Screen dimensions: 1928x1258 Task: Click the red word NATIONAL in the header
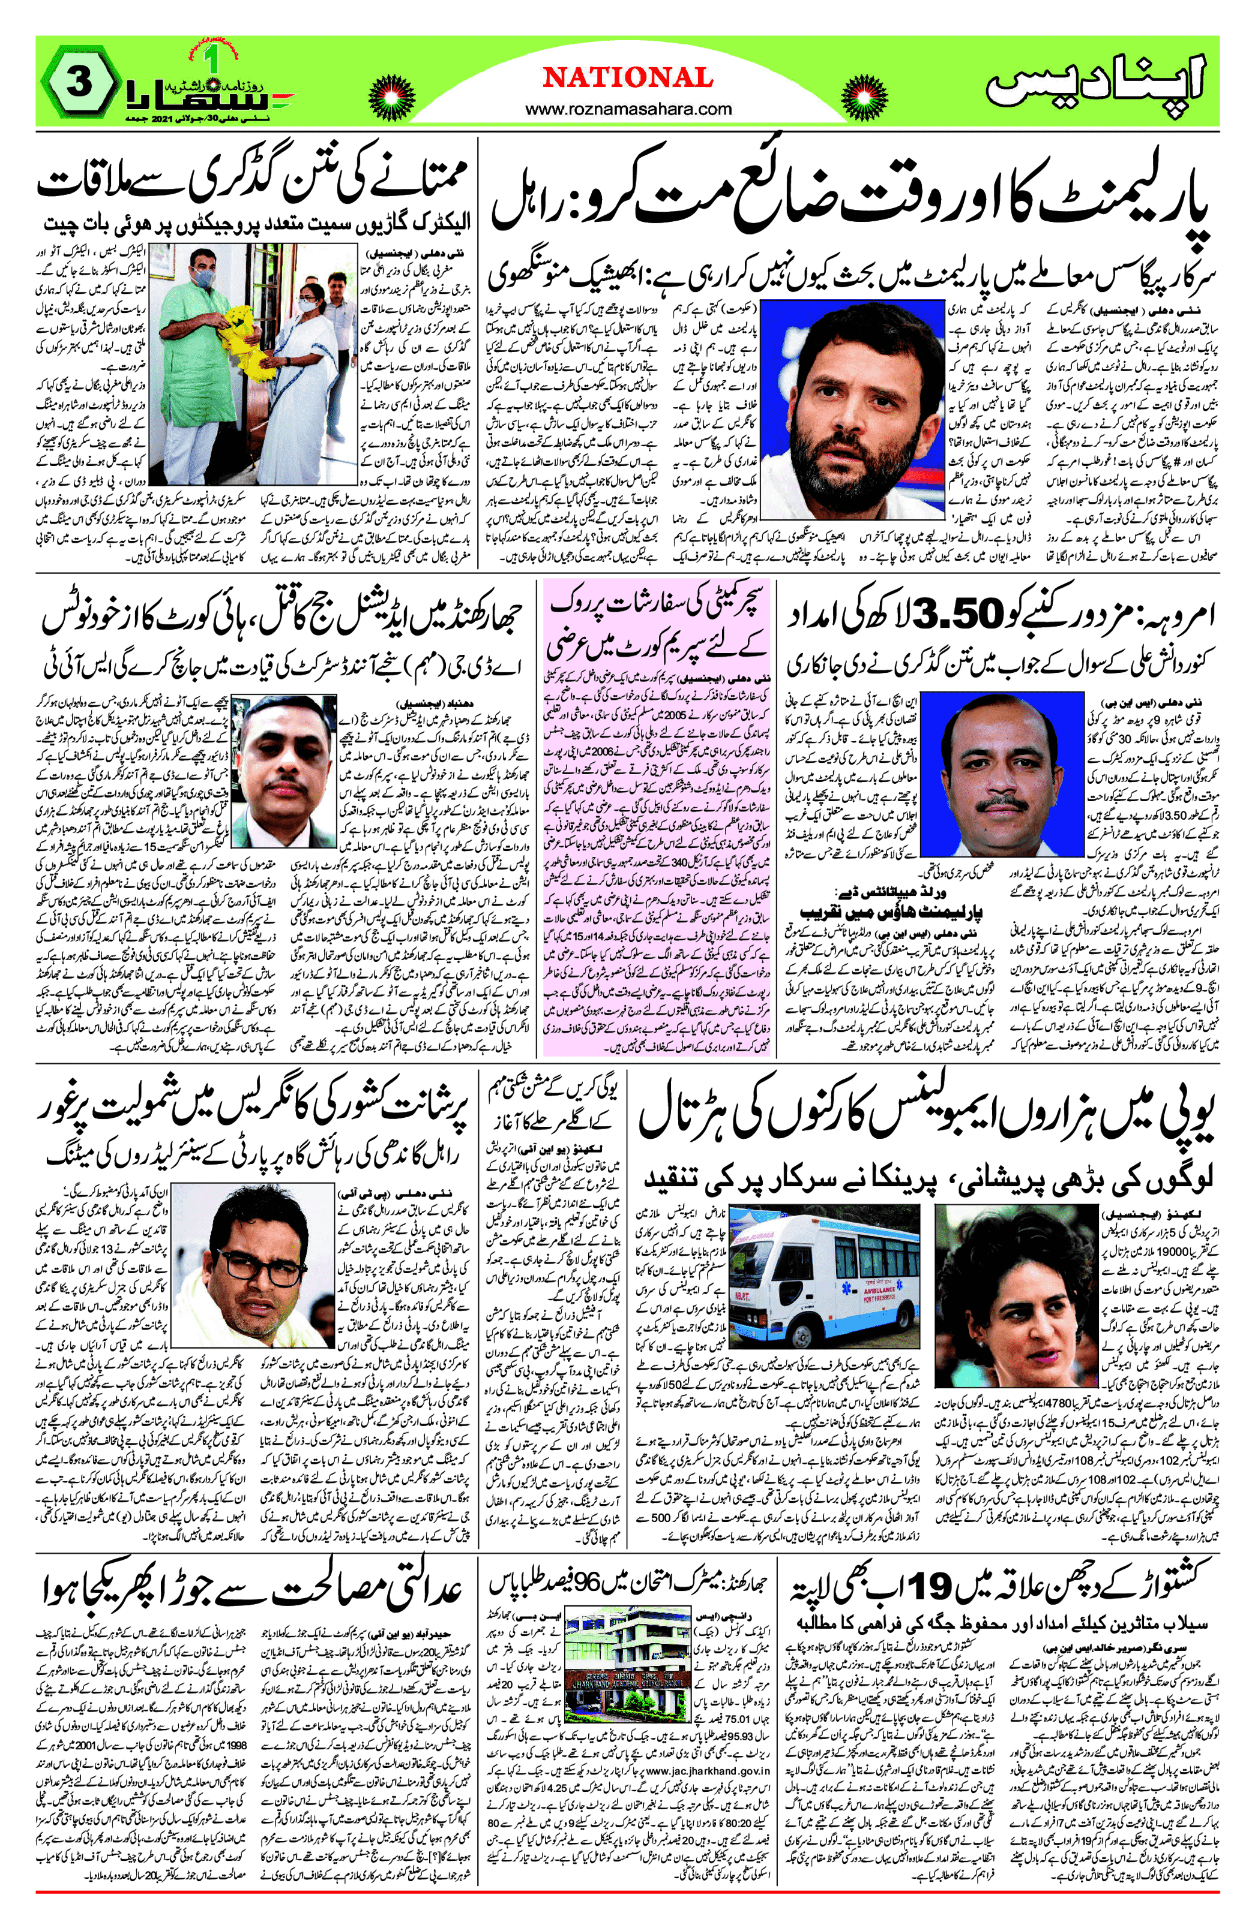[x=628, y=78]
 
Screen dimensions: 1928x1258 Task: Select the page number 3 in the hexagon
[x=77, y=83]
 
